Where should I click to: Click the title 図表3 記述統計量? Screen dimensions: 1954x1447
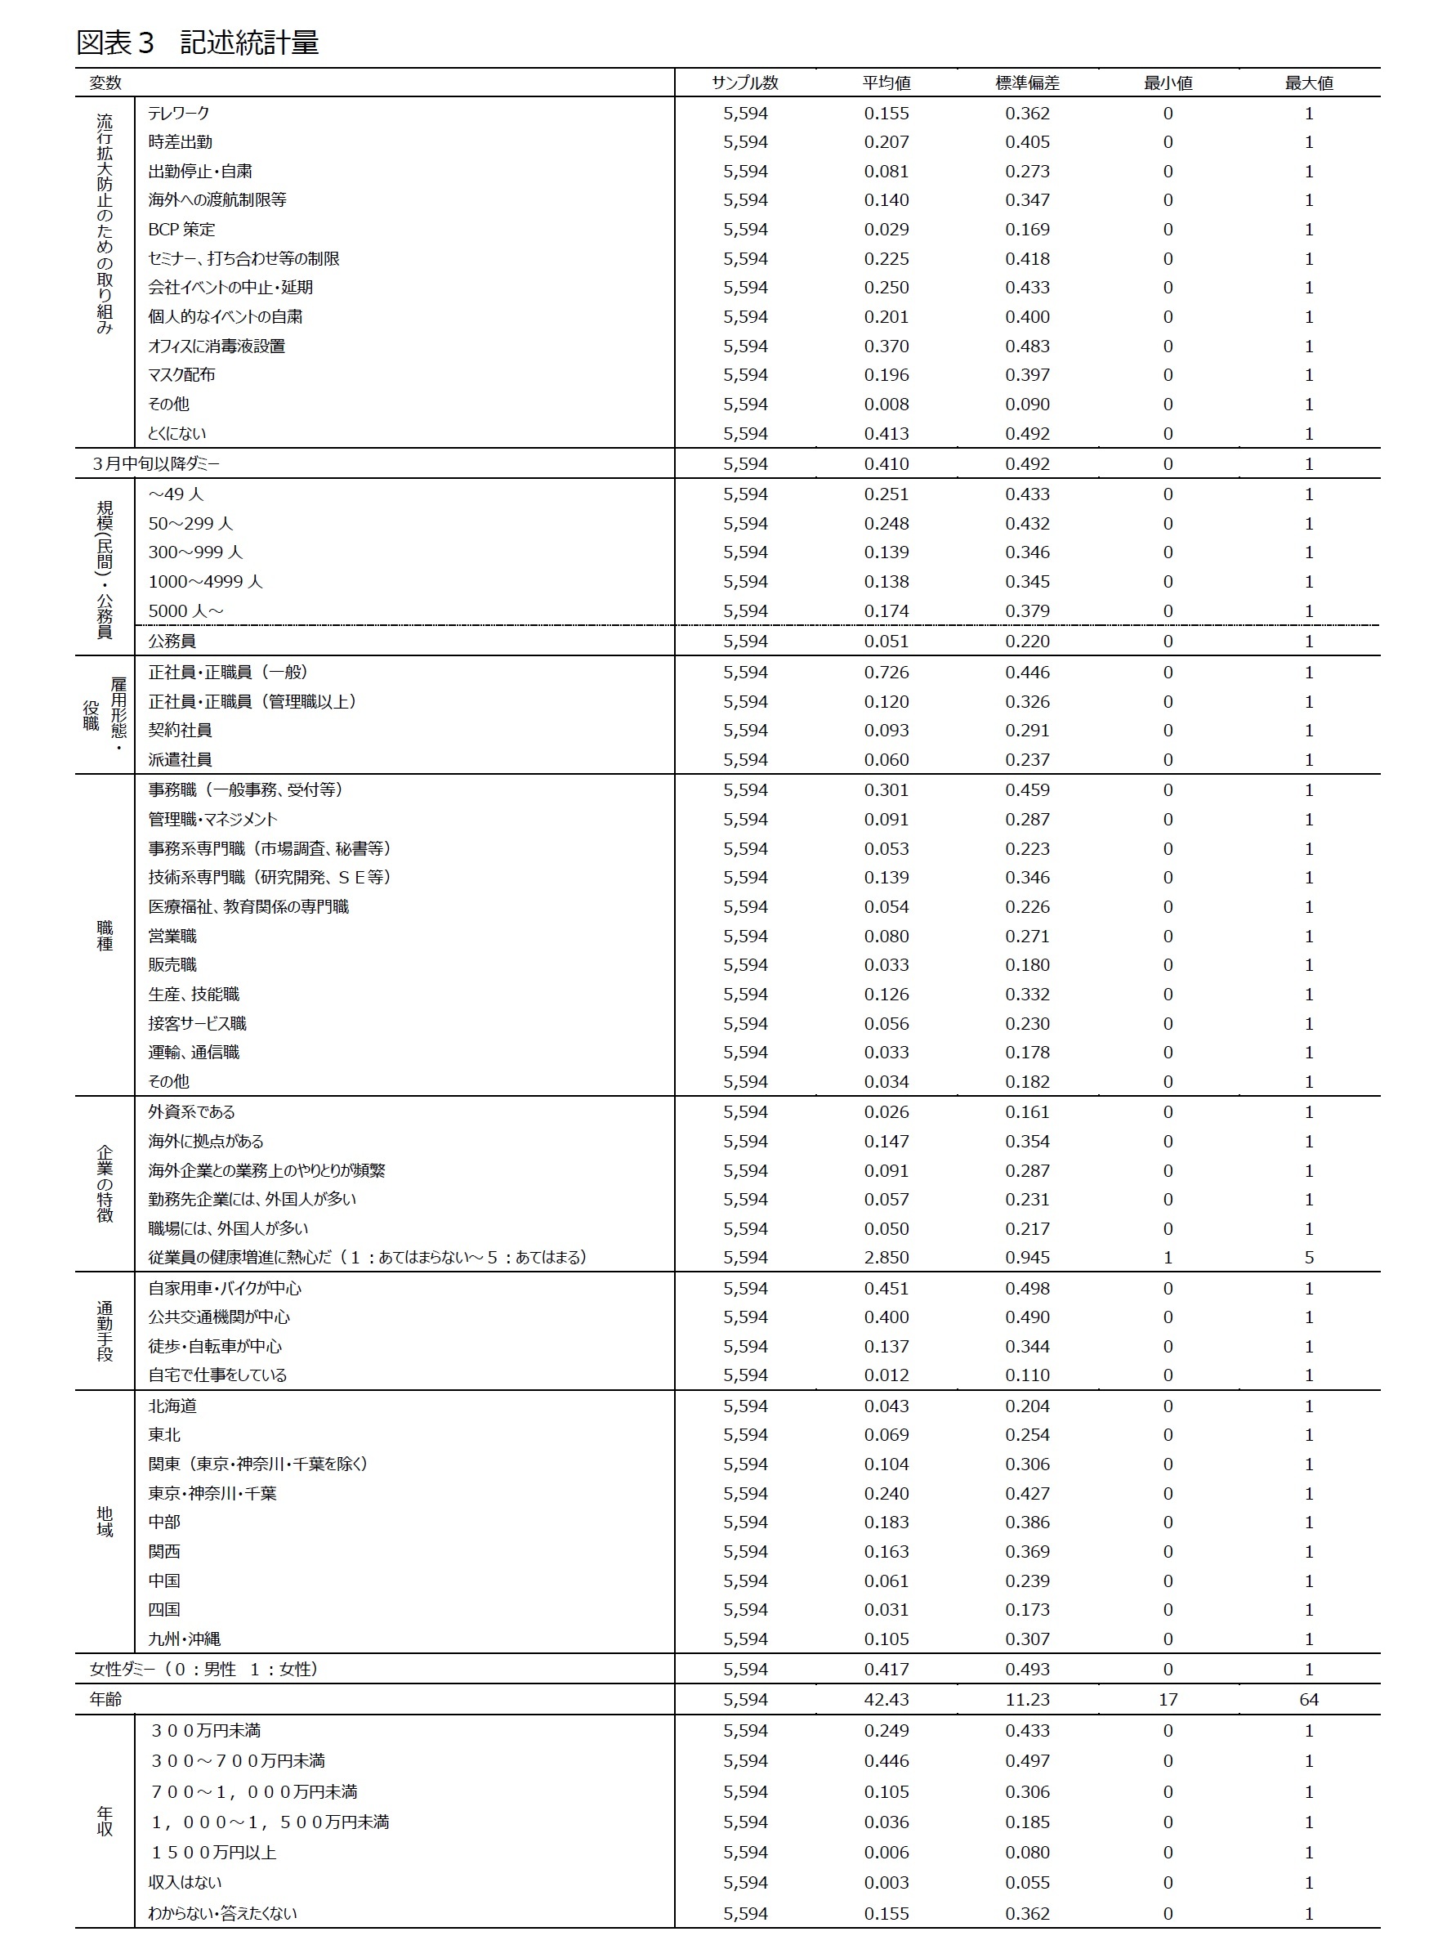197,42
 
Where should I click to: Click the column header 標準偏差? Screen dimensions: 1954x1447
1026,83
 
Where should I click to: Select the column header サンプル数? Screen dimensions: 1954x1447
744,83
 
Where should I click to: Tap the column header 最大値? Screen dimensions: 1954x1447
1309,83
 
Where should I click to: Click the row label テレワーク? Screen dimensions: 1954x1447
179,113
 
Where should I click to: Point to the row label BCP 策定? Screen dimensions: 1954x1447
181,230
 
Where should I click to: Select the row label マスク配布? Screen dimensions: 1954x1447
181,375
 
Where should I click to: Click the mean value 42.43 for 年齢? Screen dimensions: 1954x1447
886,1700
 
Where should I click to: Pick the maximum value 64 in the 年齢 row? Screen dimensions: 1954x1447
1309,1700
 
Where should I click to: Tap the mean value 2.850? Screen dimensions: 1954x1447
886,1258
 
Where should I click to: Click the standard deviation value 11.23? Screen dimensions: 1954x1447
1026,1700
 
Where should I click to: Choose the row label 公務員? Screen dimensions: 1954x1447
172,641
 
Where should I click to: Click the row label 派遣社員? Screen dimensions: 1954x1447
180,759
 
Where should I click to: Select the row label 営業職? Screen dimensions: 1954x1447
172,937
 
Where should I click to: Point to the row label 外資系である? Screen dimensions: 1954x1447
191,1112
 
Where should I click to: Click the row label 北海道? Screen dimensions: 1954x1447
172,1406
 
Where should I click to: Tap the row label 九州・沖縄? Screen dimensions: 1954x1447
184,1639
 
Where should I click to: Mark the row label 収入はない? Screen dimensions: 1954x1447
185,1882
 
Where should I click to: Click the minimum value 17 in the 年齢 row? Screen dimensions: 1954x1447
1168,1700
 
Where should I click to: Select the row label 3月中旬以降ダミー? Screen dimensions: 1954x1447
155,464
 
